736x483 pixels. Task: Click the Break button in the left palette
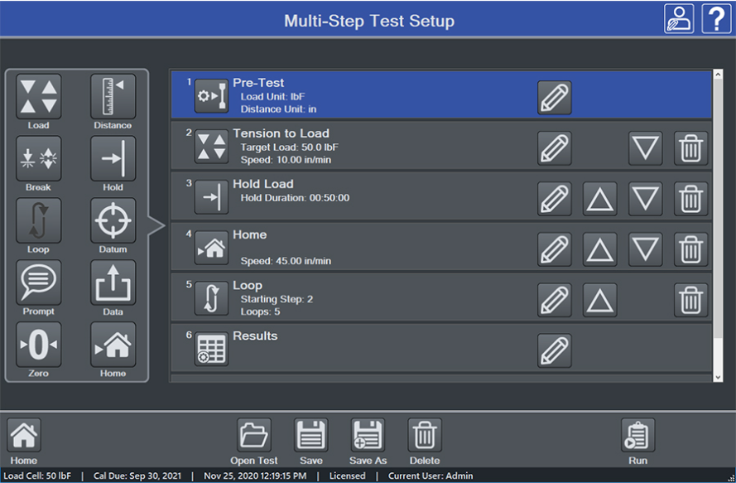pos(38,159)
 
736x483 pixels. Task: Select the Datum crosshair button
pos(113,220)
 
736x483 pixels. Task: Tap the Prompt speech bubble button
pos(38,283)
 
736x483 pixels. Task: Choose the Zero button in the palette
pos(38,345)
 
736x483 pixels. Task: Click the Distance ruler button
pos(113,96)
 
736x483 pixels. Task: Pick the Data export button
pos(113,283)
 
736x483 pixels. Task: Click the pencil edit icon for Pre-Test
pos(555,98)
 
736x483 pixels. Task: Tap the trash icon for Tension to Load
pos(691,148)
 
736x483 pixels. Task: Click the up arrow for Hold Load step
pos(600,199)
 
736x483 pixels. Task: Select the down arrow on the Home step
pos(646,249)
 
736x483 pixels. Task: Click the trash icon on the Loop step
pos(691,300)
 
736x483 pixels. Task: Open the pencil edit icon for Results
pos(555,350)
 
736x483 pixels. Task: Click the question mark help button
pos(716,18)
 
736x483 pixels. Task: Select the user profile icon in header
pos(679,18)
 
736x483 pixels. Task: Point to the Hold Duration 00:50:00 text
pos(295,198)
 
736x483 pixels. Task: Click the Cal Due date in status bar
pos(137,476)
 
